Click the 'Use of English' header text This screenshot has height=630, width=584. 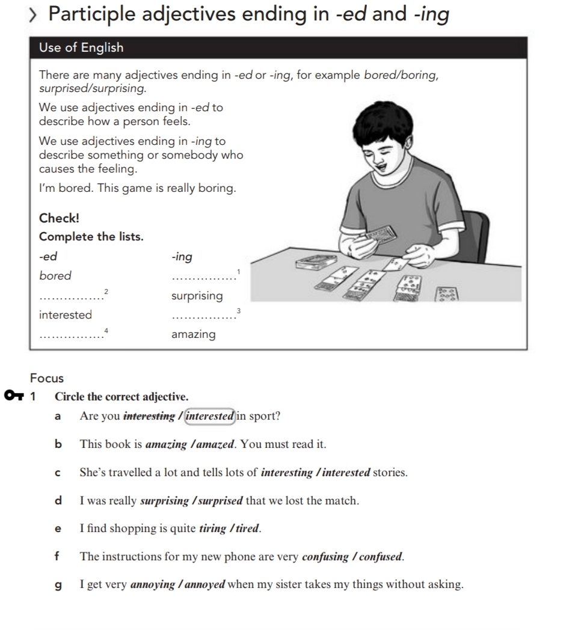coord(81,47)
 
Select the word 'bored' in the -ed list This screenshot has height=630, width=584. coord(55,276)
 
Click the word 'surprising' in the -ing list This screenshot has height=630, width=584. coord(197,296)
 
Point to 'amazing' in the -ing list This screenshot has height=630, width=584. coord(193,334)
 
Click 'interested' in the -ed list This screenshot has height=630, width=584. coord(66,315)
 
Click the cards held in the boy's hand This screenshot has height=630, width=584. coord(379,234)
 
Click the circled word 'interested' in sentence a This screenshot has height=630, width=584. coord(209,416)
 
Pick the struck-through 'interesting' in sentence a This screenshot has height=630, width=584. coord(149,416)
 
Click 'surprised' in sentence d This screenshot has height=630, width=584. coord(220,501)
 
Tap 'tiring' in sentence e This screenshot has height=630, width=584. coord(212,529)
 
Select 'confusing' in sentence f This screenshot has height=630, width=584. coord(327,557)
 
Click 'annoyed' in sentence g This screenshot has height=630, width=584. coord(204,584)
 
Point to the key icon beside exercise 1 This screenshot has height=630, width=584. coord(13,396)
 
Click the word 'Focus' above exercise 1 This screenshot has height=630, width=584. coord(46,378)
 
